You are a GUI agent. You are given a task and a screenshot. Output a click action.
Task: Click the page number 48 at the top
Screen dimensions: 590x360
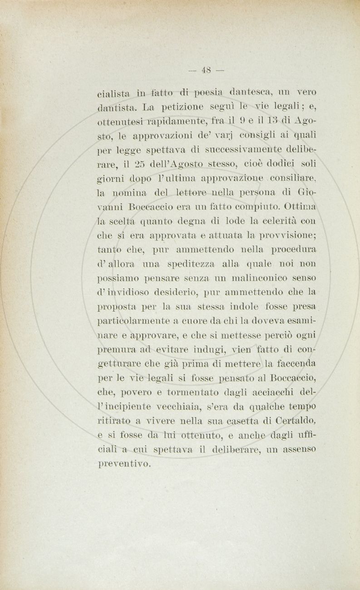pos(207,70)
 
